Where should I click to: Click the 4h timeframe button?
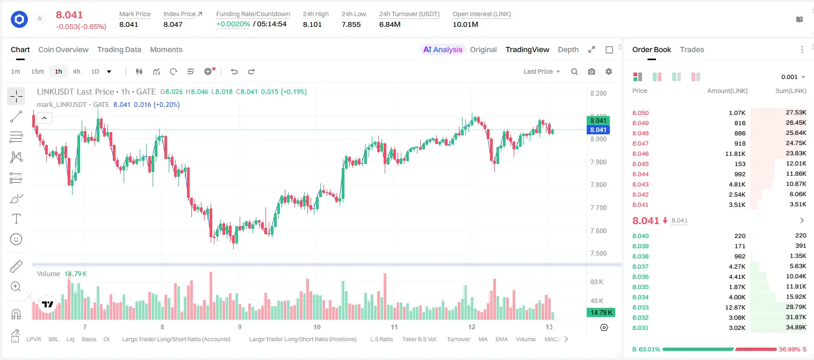pos(76,71)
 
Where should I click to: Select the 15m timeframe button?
pos(37,71)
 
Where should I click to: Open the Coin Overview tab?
pos(63,49)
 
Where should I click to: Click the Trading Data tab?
pos(119,49)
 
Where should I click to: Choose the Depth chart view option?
pos(568,49)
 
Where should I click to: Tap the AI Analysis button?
pos(443,49)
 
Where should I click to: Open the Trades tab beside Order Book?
pos(692,49)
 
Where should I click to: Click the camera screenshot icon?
pos(592,71)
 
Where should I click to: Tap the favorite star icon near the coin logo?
pos(40,18)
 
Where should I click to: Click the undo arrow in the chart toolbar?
pos(234,71)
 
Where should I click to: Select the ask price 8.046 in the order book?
pos(640,154)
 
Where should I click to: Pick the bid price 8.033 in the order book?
pos(640,307)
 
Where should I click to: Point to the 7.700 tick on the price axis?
pos(598,208)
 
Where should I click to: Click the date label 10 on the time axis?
pos(317,327)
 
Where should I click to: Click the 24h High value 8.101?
pos(312,24)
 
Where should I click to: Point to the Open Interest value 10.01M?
pos(465,24)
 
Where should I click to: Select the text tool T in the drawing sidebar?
pos(16,219)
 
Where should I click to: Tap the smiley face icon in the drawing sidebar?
pos(16,239)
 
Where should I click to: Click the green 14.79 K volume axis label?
pos(601,312)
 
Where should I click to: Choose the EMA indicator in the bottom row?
pos(501,339)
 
